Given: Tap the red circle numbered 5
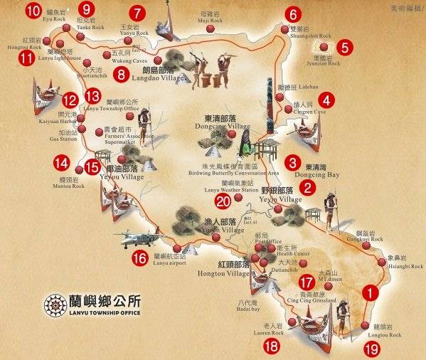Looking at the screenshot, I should click(x=345, y=48).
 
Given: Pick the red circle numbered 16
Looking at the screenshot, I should click(x=139, y=258).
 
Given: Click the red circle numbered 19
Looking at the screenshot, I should click(x=371, y=349).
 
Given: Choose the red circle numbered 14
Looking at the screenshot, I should click(x=61, y=163).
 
